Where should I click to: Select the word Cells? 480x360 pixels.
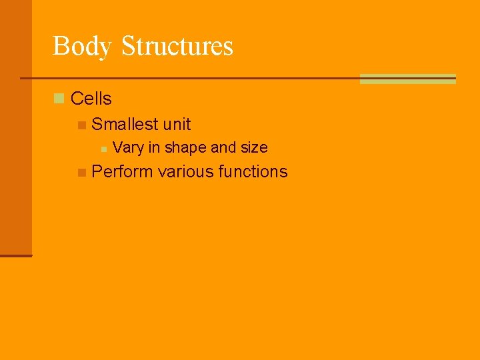click(x=91, y=99)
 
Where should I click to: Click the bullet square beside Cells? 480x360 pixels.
click(x=59, y=99)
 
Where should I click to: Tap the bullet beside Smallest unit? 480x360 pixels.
click(x=81, y=125)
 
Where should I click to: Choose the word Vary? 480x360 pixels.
click(x=127, y=147)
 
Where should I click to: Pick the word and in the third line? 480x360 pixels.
click(x=224, y=147)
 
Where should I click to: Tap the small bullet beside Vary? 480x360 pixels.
click(x=103, y=148)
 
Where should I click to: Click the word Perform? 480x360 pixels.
click(x=122, y=171)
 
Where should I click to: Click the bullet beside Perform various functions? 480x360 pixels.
click(x=81, y=172)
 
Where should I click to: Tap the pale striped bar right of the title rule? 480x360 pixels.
click(x=407, y=79)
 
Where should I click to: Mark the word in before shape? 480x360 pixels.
click(x=154, y=147)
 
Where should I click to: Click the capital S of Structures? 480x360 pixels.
click(x=128, y=46)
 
